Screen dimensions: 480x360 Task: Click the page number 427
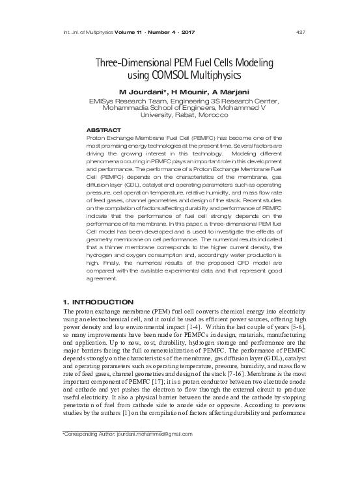(x=301, y=14)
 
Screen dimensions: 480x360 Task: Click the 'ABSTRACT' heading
(x=104, y=131)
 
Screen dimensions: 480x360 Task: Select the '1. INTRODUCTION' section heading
(x=97, y=302)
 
